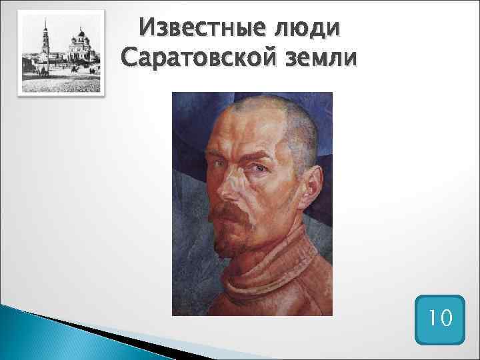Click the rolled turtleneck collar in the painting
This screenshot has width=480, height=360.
267,273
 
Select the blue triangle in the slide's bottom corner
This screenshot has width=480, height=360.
27,333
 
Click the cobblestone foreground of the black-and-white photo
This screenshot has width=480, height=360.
60,83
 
